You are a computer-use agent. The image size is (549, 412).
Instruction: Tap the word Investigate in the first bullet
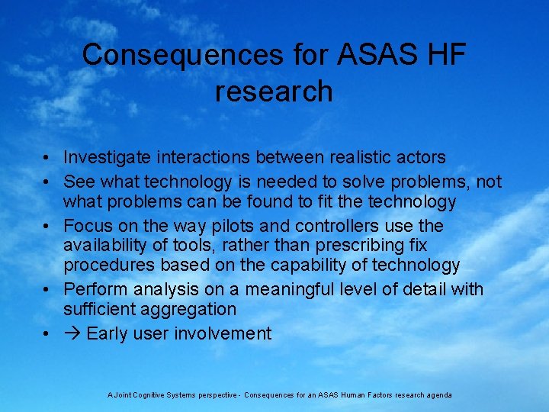point(109,158)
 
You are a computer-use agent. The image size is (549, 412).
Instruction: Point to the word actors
point(421,158)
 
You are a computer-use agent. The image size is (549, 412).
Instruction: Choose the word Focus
point(86,227)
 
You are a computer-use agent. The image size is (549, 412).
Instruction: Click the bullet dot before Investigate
point(47,159)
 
